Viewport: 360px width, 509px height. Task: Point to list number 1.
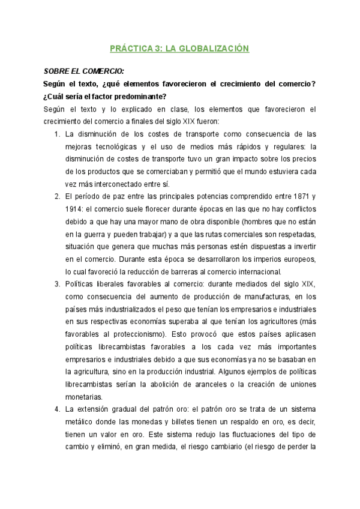click(57, 134)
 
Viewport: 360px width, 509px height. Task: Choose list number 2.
click(57, 197)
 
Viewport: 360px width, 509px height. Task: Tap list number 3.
click(57, 283)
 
